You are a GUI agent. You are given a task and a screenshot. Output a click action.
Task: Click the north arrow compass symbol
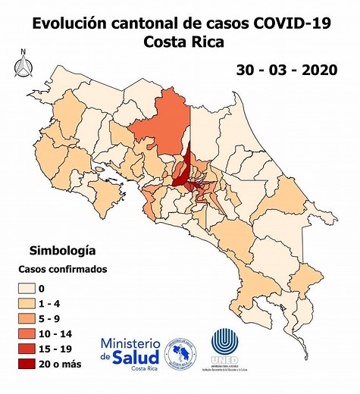23,64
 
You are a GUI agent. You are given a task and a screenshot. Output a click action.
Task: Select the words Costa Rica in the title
183,42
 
